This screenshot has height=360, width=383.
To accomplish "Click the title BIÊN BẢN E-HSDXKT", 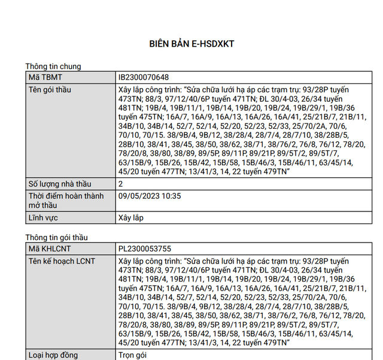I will (x=191, y=44).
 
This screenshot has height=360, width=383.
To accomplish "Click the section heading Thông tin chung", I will (x=53, y=66).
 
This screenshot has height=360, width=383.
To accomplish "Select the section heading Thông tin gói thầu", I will (x=56, y=238).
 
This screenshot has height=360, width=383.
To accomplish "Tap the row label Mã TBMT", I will (x=45, y=78).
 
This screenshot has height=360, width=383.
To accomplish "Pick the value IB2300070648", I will (x=144, y=78).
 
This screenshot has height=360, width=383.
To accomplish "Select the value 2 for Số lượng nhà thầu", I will (x=121, y=184).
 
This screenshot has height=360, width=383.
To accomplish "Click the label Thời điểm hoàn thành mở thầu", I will (x=66, y=201).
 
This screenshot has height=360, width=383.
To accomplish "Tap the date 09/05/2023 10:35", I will (x=150, y=196).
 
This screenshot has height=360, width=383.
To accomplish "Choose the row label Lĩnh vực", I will (x=47, y=218).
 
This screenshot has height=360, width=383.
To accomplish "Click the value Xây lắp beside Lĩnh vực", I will (x=132, y=218).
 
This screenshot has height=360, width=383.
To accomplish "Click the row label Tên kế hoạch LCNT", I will (x=62, y=261).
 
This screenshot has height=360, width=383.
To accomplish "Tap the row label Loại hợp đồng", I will (x=54, y=355).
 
